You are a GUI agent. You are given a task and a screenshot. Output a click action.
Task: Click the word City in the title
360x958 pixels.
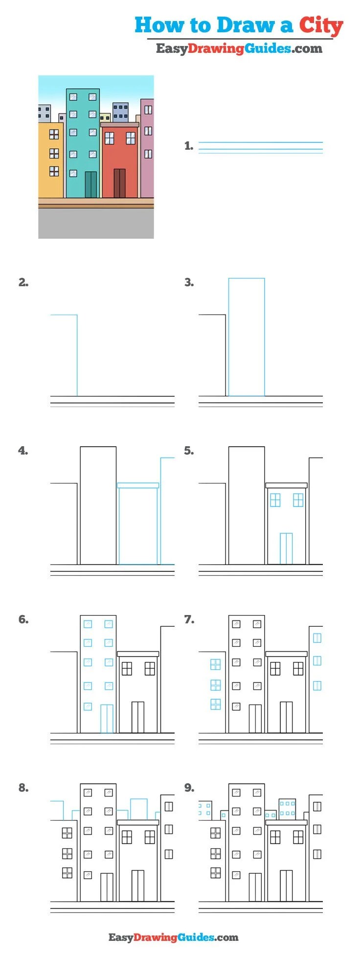pyautogui.click(x=321, y=25)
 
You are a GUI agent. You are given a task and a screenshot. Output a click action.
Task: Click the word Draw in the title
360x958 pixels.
pyautogui.click(x=246, y=25)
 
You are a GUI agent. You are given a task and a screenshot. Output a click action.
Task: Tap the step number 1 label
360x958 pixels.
pyautogui.click(x=189, y=146)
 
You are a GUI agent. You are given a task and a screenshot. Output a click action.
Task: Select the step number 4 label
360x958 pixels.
pyautogui.click(x=23, y=451)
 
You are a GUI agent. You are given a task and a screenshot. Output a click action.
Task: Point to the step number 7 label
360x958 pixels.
pyautogui.click(x=189, y=619)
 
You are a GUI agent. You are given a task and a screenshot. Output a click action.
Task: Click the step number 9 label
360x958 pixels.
pyautogui.click(x=189, y=788)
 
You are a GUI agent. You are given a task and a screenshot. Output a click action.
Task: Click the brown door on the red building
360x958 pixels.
pyautogui.click(x=120, y=183)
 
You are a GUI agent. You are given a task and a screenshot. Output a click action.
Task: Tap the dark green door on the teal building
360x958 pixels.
pyautogui.click(x=91, y=184)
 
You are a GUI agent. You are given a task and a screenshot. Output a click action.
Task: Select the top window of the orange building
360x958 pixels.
pyautogui.click(x=54, y=135)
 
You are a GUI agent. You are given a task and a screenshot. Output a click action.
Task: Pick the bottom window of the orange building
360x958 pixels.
pyautogui.click(x=54, y=171)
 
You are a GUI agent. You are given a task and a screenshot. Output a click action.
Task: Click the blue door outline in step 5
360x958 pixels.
pyautogui.click(x=286, y=548)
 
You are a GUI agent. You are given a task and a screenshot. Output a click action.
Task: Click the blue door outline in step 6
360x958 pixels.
pyautogui.click(x=107, y=718)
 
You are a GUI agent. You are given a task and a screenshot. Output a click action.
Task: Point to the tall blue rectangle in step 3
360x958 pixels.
pyautogui.click(x=247, y=337)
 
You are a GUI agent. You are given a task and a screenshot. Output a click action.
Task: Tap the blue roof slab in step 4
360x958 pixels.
pyautogui.click(x=138, y=485)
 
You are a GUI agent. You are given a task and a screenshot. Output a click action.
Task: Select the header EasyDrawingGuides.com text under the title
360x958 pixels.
pyautogui.click(x=239, y=48)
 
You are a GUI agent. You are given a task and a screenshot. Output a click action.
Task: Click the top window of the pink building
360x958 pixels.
pyautogui.click(x=148, y=110)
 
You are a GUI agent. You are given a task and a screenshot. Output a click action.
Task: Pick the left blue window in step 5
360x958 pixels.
pyautogui.click(x=275, y=500)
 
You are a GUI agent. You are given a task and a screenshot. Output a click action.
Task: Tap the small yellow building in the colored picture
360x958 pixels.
pyautogui.click(x=105, y=117)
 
